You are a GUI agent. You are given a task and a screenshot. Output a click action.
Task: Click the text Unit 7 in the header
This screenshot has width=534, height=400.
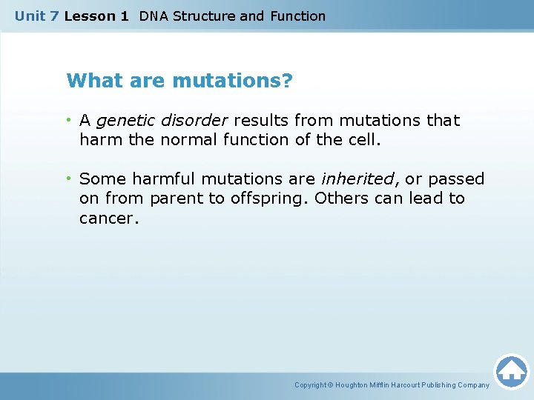(x=36, y=16)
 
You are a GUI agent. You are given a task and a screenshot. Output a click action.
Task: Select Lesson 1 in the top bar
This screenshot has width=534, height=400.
(x=96, y=16)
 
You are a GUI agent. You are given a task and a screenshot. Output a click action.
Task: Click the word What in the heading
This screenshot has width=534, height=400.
(x=90, y=80)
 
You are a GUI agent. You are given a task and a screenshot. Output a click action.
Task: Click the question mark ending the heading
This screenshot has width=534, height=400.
(x=287, y=80)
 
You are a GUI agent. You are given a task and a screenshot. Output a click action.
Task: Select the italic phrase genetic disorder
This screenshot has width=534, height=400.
(x=162, y=120)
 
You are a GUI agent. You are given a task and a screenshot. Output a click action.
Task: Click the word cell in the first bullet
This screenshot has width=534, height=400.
(x=363, y=139)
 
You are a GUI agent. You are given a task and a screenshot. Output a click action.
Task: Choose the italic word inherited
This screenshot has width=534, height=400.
(x=358, y=179)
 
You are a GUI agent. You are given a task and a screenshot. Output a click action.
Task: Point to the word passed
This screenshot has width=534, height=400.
(x=456, y=179)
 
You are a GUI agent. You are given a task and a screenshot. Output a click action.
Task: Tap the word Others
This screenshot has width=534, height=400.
(x=346, y=199)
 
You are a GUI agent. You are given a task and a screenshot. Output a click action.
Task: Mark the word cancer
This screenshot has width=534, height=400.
(x=108, y=219)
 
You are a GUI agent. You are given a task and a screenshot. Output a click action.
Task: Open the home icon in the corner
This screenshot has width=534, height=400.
(x=511, y=370)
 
